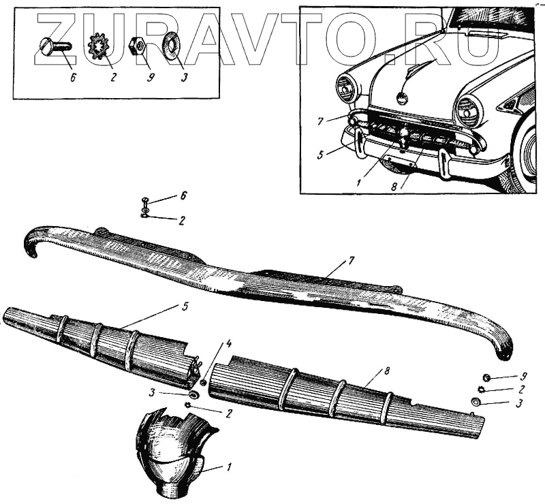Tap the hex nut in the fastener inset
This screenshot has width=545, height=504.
(x=136, y=46)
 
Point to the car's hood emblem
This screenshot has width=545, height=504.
(x=403, y=97)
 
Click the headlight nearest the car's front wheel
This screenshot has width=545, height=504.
(x=470, y=111)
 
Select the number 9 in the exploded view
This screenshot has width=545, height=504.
(x=523, y=375)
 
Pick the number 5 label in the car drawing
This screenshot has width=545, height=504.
(x=320, y=154)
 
